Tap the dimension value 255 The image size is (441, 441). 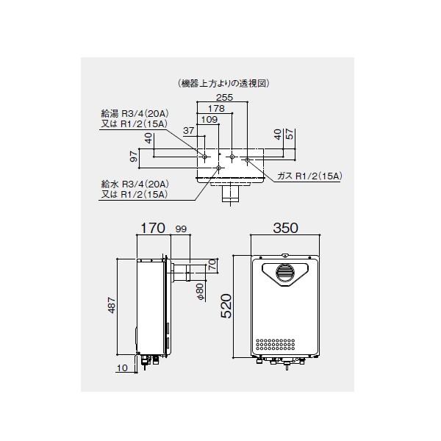[226, 96]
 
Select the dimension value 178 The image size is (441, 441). [215, 108]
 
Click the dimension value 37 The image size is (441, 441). [188, 131]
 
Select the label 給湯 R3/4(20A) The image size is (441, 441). [135, 114]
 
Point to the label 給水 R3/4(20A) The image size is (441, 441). [135, 184]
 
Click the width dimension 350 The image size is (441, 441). [285, 228]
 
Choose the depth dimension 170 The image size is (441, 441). [154, 229]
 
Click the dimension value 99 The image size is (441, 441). [182, 229]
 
